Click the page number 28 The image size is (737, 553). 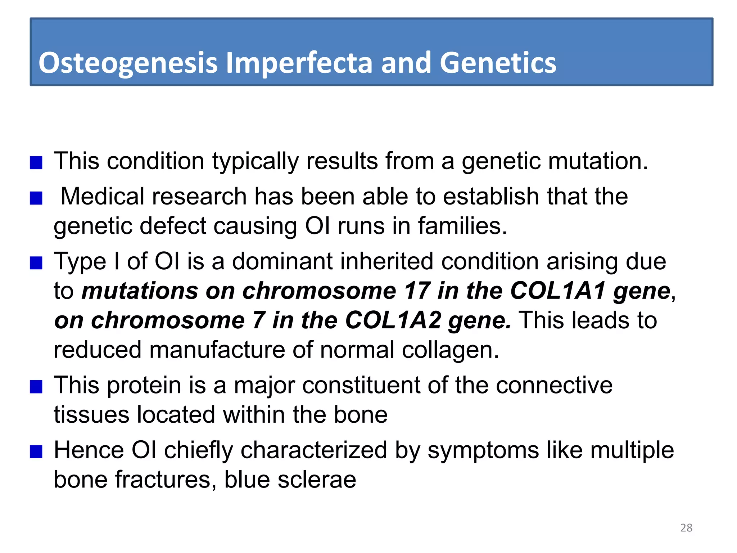686,528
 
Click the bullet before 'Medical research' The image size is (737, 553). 36,198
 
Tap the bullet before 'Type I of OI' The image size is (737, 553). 36,263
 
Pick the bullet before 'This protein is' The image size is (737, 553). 36,387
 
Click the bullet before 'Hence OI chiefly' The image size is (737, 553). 36,452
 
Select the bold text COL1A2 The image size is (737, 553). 393,320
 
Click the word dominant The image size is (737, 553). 282,261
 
